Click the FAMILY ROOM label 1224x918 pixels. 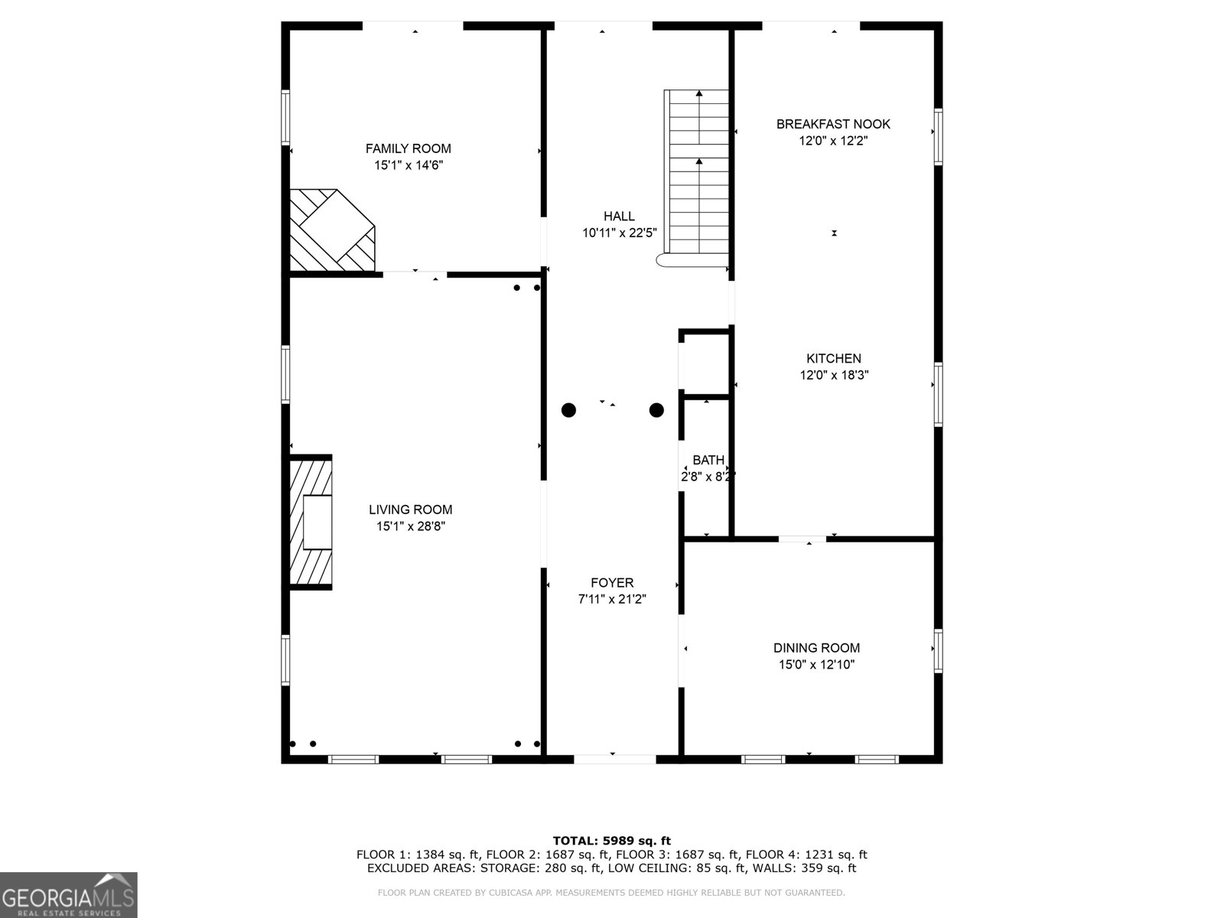[408, 148]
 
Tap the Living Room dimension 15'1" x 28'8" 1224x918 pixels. [411, 526]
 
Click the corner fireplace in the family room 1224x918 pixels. [331, 230]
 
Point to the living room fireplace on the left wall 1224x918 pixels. [311, 522]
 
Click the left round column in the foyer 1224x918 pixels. [568, 410]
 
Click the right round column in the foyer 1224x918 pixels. [656, 410]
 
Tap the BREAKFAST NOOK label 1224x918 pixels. [833, 124]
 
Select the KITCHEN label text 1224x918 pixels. [833, 358]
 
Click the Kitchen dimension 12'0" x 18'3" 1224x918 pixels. [833, 375]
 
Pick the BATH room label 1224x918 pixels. [708, 460]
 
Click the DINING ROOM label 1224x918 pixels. [816, 648]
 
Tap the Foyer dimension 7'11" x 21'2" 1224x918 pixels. [612, 600]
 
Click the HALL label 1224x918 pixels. [619, 216]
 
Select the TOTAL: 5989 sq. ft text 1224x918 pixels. [612, 841]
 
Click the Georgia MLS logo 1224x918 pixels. [68, 895]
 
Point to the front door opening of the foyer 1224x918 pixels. [614, 759]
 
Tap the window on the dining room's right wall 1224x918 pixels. [938, 650]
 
